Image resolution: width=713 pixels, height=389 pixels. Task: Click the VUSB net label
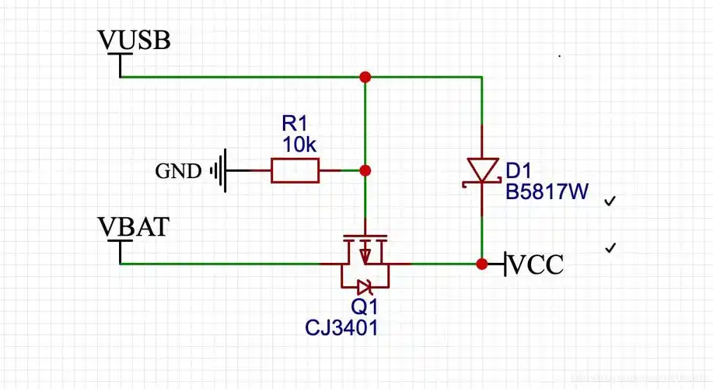[134, 40]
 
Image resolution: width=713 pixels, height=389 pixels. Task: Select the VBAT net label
[134, 226]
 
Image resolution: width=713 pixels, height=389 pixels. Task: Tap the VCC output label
[536, 264]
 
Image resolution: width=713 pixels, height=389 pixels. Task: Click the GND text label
[178, 170]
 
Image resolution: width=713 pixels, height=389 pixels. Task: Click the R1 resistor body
[295, 170]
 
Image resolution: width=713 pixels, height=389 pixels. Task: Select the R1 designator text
[295, 124]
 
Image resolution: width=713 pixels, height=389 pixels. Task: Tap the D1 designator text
[519, 170]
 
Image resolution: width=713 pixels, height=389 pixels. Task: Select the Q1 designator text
[364, 307]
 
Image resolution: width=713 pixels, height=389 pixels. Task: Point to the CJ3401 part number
[341, 328]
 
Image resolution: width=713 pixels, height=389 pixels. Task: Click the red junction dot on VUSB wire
[365, 77]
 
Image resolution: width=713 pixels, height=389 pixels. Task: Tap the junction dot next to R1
[365, 170]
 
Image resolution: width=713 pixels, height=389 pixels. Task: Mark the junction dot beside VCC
[482, 264]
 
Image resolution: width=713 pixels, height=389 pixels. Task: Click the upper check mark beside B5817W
[610, 202]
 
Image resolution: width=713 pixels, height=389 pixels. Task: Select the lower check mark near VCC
[610, 248]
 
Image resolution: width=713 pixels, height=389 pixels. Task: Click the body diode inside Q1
[365, 285]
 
